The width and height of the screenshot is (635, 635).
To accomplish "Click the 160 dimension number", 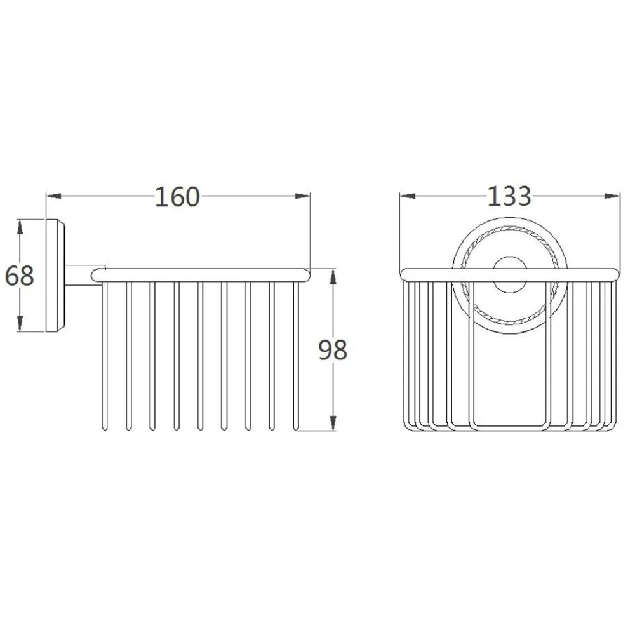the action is point(177,197).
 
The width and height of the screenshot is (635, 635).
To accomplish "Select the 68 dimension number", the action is point(20,276).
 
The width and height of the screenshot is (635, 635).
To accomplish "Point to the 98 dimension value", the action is point(333,350).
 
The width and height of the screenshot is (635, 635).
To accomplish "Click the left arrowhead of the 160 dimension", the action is point(54,196).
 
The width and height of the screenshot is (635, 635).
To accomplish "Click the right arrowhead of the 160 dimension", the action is point(302,196).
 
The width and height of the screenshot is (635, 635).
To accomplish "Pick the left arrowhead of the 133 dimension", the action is point(408,196).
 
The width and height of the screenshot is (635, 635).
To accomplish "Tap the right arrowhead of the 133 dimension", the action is point(612,196).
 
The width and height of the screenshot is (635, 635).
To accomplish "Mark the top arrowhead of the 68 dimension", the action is point(20,227).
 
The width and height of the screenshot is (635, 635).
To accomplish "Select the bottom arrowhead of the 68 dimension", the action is point(20,324).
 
